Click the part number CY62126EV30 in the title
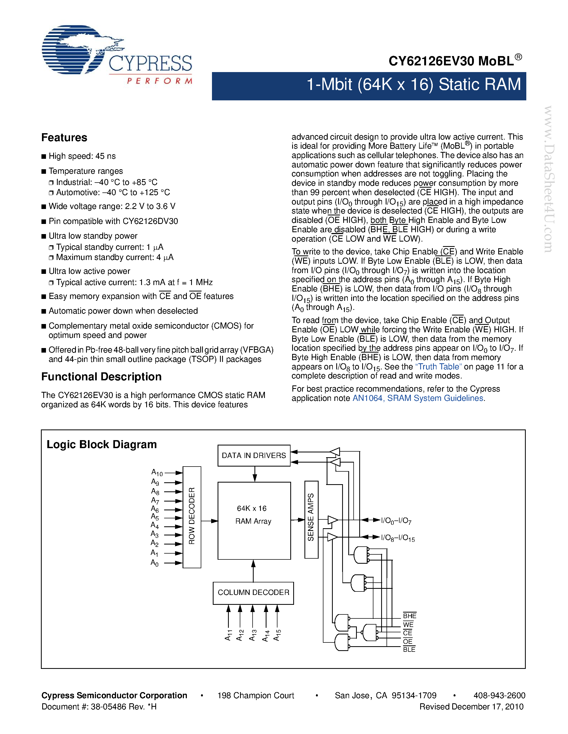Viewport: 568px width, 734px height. (x=431, y=61)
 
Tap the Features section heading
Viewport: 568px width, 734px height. (x=64, y=137)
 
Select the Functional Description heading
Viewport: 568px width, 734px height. (x=101, y=377)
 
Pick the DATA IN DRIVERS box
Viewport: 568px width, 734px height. (x=254, y=455)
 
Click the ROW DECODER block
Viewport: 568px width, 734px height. (x=192, y=517)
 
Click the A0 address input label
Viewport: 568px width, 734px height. (x=154, y=563)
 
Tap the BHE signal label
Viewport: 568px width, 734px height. (x=409, y=616)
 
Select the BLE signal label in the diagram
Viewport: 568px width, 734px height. (x=409, y=650)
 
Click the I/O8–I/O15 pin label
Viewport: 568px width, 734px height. (x=398, y=538)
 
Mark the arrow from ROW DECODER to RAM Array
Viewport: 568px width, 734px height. (x=210, y=521)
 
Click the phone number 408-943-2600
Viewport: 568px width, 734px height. (x=499, y=695)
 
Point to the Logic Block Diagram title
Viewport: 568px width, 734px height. (x=102, y=444)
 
